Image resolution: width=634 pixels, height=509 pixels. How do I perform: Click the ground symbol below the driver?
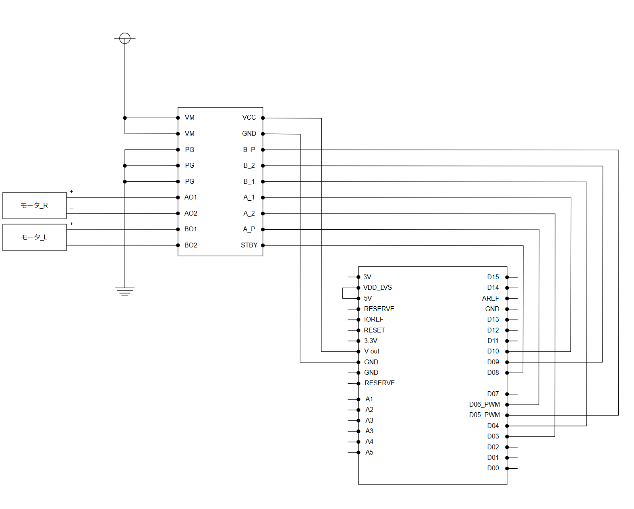click(125, 292)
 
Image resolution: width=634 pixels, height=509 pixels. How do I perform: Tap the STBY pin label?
click(249, 245)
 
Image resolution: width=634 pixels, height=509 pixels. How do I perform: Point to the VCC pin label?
click(249, 118)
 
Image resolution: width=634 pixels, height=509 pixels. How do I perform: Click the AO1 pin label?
click(191, 197)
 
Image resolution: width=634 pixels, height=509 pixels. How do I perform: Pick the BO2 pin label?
click(191, 245)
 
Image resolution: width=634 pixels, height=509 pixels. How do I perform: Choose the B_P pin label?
click(249, 150)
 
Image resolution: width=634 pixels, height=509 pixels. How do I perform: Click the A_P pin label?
click(249, 229)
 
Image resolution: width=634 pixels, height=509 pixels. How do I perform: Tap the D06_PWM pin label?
click(484, 404)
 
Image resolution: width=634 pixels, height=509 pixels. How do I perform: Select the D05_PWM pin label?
click(484, 415)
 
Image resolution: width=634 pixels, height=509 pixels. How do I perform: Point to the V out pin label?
click(371, 351)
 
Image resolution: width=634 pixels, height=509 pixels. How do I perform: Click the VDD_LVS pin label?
click(377, 288)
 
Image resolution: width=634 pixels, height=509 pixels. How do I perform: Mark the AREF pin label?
click(490, 298)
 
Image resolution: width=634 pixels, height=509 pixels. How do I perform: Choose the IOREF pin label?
click(373, 320)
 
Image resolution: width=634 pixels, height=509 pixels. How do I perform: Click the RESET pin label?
click(375, 330)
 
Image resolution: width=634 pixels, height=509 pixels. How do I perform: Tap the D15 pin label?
click(493, 277)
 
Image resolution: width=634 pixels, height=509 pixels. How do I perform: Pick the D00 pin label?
click(493, 468)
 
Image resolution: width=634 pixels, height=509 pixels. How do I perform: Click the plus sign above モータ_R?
click(71, 191)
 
